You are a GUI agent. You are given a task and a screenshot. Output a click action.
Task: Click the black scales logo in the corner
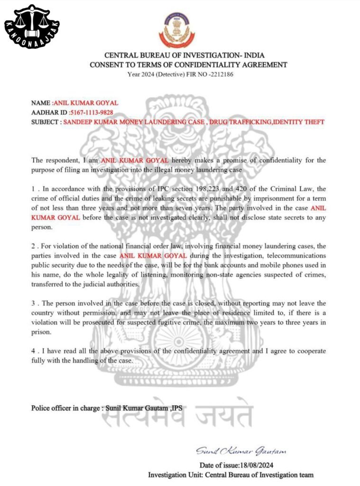click(32, 27)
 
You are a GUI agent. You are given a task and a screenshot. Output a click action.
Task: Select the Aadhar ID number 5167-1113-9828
click(91, 112)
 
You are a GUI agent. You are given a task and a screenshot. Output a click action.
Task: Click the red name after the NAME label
click(85, 103)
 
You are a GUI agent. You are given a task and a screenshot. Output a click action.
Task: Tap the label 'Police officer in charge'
click(65, 408)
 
